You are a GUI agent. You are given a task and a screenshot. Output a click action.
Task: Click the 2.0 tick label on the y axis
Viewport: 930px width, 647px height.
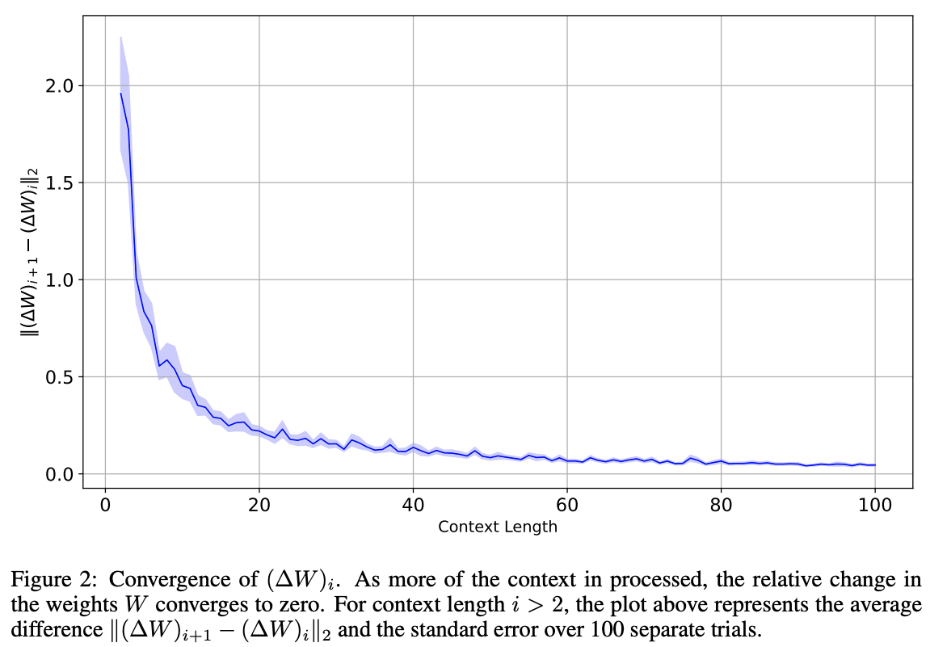tap(58, 86)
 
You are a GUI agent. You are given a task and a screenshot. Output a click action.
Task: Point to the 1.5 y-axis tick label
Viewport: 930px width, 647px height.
tap(58, 183)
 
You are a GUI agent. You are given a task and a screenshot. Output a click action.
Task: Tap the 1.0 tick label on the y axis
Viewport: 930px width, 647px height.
tap(58, 280)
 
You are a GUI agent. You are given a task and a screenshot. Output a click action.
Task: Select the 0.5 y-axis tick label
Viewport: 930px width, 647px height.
tap(58, 377)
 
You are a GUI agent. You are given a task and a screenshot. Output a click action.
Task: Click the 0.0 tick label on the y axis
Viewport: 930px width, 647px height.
tap(58, 474)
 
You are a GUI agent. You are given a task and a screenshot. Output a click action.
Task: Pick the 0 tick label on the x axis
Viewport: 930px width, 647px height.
tap(105, 506)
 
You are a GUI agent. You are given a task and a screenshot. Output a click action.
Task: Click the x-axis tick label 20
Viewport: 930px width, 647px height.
tap(259, 506)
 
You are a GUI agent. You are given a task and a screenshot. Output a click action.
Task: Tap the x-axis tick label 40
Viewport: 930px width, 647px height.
tap(413, 506)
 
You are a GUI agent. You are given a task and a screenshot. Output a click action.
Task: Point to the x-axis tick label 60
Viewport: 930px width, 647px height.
tap(566, 506)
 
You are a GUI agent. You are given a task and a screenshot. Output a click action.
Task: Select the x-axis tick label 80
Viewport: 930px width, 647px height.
tap(721, 506)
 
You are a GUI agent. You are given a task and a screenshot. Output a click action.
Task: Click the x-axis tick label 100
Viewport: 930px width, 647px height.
tap(874, 506)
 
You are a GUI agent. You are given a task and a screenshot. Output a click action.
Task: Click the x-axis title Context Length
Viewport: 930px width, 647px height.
tap(497, 527)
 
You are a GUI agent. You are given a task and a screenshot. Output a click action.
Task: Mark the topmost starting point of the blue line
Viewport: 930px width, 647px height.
tap(121, 94)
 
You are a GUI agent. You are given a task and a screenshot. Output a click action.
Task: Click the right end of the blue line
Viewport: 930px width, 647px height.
tap(875, 465)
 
